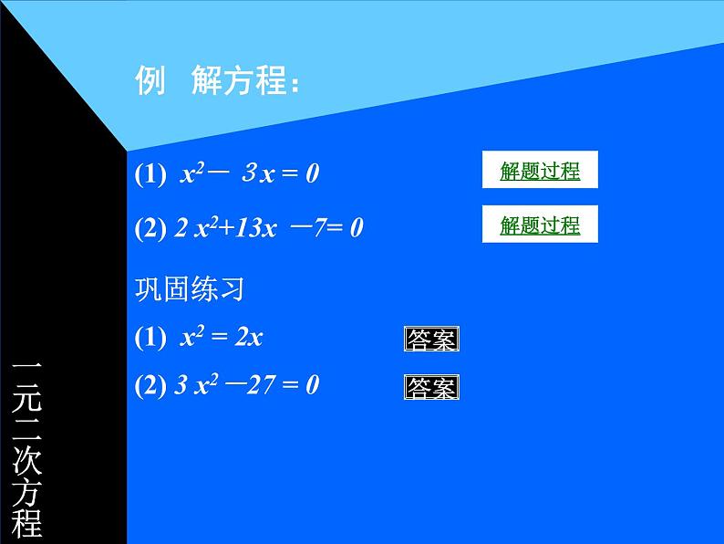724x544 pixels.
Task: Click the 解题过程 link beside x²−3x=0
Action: (x=540, y=171)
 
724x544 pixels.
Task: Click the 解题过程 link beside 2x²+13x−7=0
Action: (x=540, y=225)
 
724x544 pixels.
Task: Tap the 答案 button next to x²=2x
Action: (x=431, y=340)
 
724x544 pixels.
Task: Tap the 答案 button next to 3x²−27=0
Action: (x=431, y=388)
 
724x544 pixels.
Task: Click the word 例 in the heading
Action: (x=150, y=81)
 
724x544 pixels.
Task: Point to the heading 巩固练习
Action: (x=190, y=290)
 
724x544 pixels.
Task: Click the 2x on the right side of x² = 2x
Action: (x=249, y=337)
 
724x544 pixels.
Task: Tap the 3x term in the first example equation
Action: (x=258, y=173)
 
